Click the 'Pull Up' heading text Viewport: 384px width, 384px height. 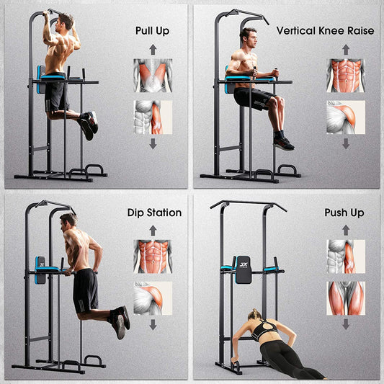pyautogui.click(x=153, y=31)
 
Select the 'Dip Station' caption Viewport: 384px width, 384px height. pyautogui.click(x=154, y=213)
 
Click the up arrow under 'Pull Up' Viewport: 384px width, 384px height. pyautogui.click(x=153, y=49)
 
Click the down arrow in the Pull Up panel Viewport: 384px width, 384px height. pyautogui.click(x=153, y=144)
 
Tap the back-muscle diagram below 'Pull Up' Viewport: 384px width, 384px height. pyautogui.click(x=153, y=75)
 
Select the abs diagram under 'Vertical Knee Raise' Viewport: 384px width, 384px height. pyautogui.click(x=345, y=75)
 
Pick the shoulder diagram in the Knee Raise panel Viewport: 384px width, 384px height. pyautogui.click(x=345, y=117)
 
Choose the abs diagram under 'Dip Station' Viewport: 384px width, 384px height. pyautogui.click(x=153, y=256)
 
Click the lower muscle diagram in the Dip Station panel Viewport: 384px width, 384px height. pyautogui.click(x=153, y=298)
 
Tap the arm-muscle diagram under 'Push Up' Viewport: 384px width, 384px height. pyautogui.click(x=345, y=256)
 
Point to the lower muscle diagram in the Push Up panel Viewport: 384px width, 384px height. pyautogui.click(x=345, y=298)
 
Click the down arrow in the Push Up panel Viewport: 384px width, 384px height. pyautogui.click(x=345, y=325)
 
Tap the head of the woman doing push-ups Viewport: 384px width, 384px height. pyautogui.click(x=256, y=317)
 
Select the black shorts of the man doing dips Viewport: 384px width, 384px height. pyautogui.click(x=86, y=290)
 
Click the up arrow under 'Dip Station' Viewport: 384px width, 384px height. pyautogui.click(x=153, y=231)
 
